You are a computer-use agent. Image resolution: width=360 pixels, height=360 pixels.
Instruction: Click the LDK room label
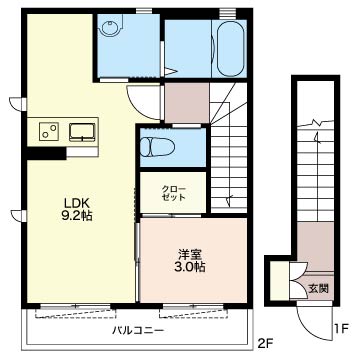[77, 203]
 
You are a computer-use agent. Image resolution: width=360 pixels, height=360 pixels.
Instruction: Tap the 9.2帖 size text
[77, 216]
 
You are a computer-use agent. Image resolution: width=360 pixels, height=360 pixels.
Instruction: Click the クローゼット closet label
[173, 193]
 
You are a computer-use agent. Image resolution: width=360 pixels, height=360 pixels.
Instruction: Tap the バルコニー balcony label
[138, 331]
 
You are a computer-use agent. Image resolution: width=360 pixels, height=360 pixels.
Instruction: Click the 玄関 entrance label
[318, 289]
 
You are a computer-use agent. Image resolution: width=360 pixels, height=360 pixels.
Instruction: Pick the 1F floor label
[340, 329]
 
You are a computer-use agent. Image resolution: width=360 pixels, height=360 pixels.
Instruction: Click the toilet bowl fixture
[157, 147]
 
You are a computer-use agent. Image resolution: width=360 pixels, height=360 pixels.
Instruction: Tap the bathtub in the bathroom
[230, 48]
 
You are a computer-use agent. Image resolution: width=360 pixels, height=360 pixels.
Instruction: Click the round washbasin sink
[109, 28]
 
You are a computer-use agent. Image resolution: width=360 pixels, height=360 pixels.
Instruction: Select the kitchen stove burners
[48, 130]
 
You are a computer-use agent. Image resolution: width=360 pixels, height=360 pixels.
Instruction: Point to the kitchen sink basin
[82, 131]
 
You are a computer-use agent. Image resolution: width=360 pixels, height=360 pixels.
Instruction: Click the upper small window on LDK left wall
[18, 104]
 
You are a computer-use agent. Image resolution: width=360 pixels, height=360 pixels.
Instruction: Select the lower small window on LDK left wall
[18, 216]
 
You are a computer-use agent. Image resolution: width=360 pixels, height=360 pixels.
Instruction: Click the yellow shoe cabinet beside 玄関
[280, 281]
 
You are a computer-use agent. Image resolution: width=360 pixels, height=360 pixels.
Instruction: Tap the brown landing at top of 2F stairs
[187, 103]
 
